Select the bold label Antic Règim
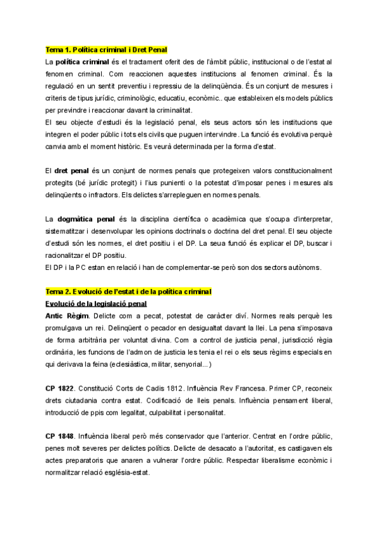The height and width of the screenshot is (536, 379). (x=68, y=315)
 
